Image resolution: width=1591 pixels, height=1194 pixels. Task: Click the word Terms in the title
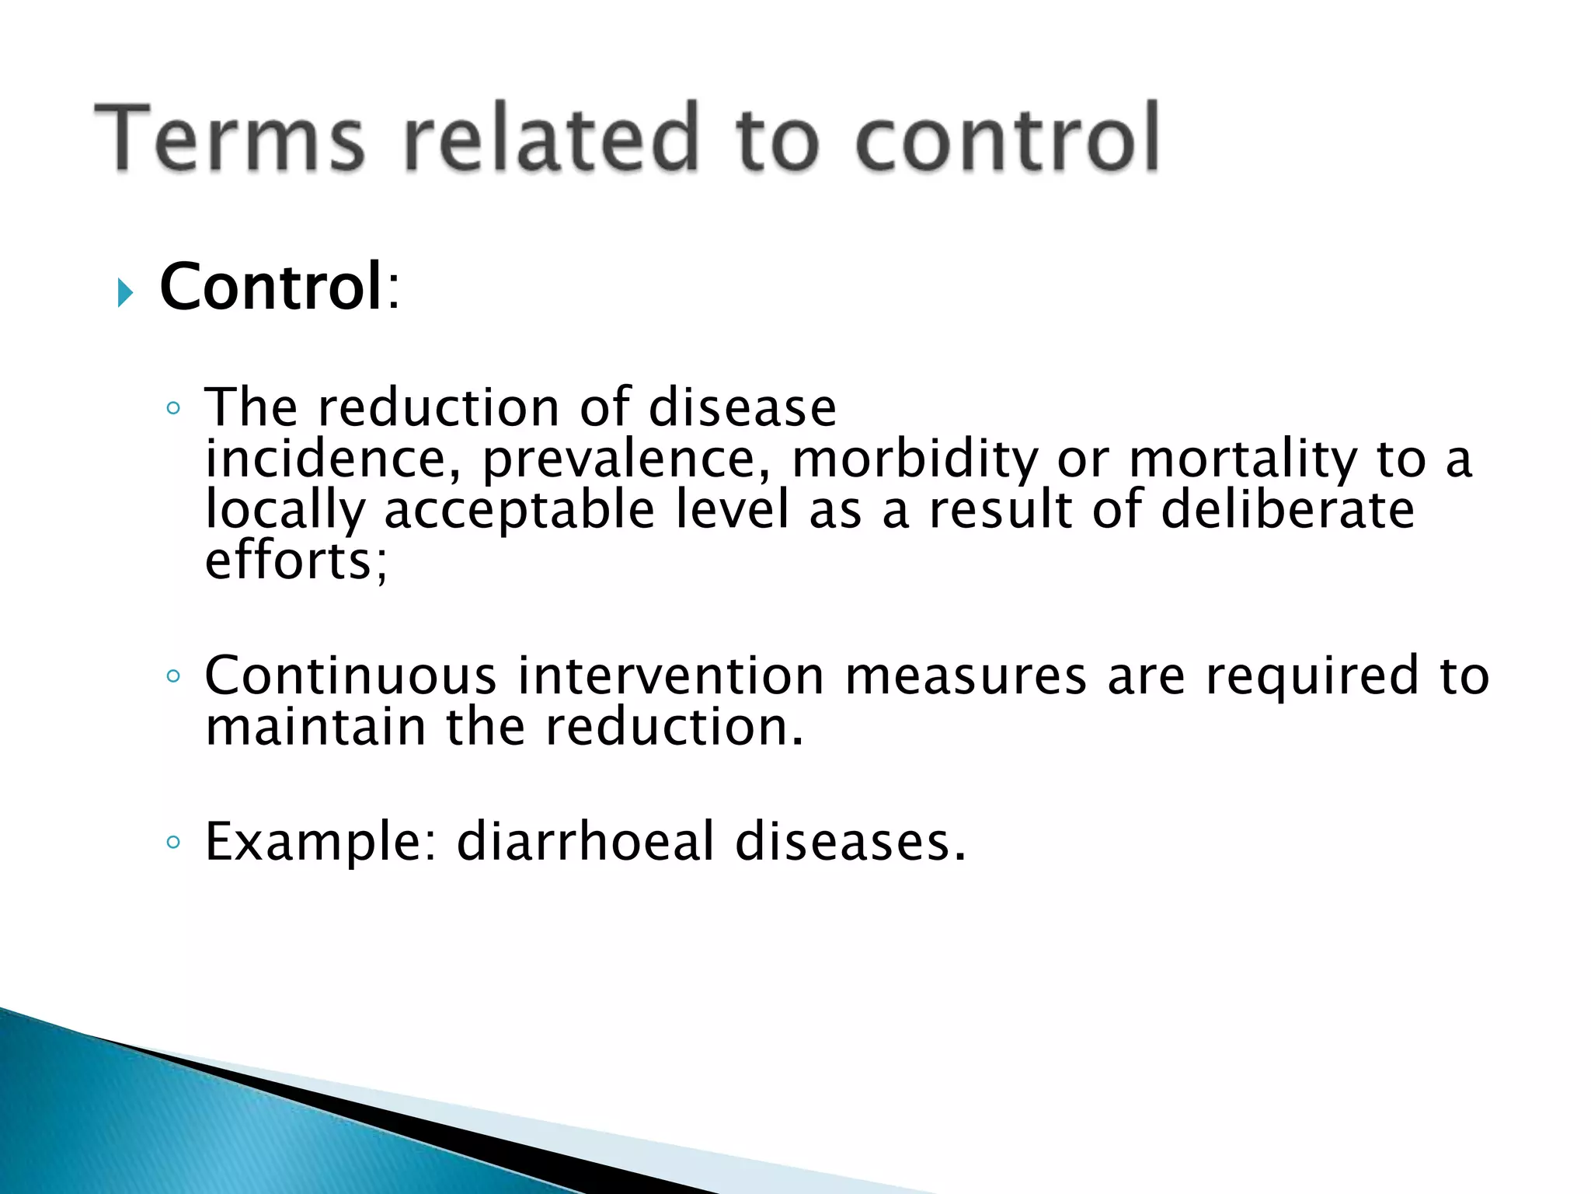tap(230, 138)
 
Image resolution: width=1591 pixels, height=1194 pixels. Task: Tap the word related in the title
tap(552, 138)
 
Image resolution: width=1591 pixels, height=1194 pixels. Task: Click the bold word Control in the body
tap(271, 287)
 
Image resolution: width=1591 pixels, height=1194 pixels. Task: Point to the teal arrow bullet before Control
tap(125, 293)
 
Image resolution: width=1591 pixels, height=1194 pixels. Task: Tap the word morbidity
tap(914, 459)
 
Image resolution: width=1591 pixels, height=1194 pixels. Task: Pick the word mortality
tap(1242, 459)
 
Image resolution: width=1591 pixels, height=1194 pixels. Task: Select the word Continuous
tap(350, 676)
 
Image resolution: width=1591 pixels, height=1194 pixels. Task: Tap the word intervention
tap(670, 676)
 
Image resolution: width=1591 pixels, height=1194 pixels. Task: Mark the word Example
tap(315, 843)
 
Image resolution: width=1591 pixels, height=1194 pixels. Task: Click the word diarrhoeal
tap(585, 841)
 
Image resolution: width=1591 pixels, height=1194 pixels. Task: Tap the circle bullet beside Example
tap(173, 843)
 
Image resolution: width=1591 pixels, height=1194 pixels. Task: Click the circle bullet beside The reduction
tap(173, 409)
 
